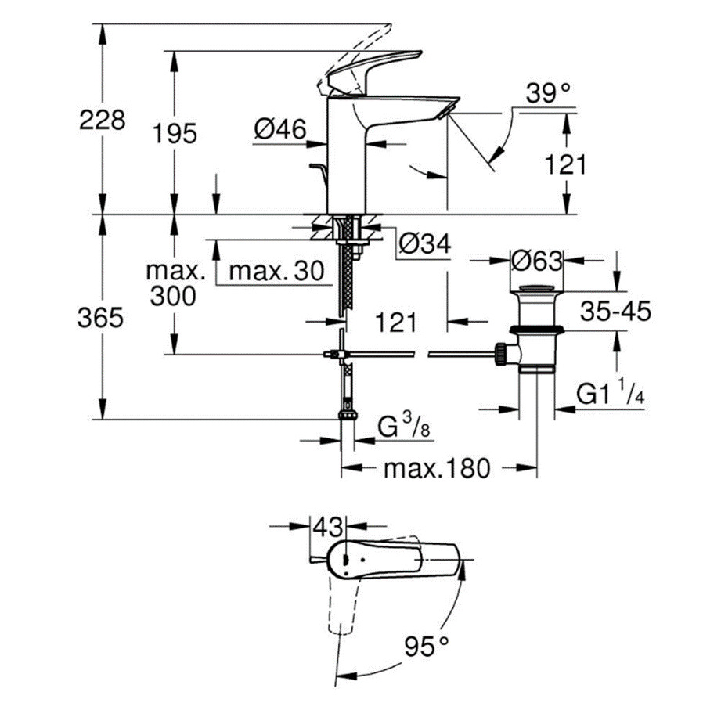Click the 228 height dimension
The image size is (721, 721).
tap(103, 120)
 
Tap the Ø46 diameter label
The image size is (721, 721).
tap(280, 130)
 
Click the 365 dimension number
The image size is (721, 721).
tap(103, 318)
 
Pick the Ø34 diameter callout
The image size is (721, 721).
tap(424, 246)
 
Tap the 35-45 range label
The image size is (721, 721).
tap(616, 311)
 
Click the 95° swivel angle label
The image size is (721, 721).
tap(427, 646)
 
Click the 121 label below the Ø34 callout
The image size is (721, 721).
tap(395, 321)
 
